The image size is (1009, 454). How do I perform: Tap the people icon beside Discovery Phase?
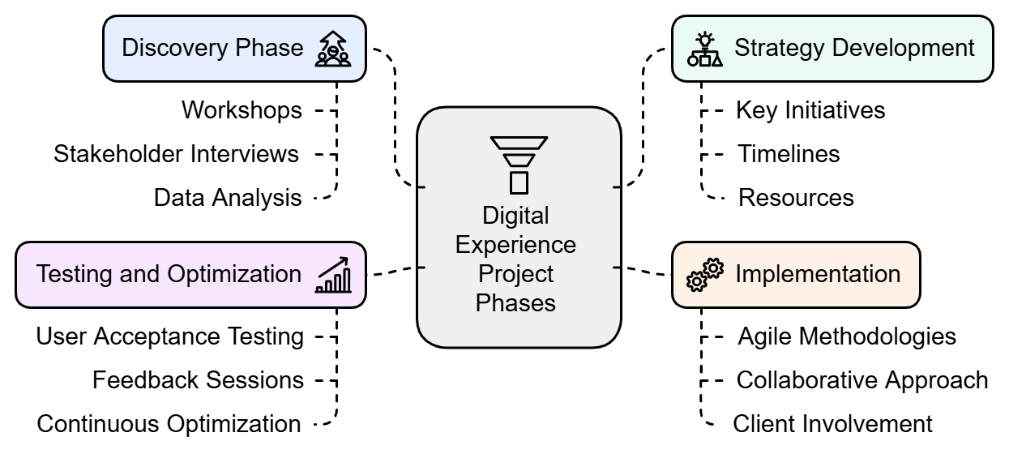[333, 49]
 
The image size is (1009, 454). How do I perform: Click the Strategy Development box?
[832, 48]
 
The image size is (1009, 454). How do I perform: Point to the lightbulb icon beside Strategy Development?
[705, 49]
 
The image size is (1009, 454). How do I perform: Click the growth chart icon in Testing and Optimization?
[333, 276]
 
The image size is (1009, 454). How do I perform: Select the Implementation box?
[796, 274]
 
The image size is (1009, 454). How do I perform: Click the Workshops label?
[242, 109]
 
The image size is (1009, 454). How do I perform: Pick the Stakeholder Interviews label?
[176, 153]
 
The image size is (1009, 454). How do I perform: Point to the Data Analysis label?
[228, 197]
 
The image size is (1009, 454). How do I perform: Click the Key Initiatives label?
[810, 109]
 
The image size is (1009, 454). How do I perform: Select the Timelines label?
[789, 153]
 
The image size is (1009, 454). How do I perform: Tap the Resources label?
[796, 197]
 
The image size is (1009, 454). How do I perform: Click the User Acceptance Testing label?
[169, 336]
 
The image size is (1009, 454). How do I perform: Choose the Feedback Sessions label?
[198, 379]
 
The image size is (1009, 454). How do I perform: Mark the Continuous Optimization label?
[169, 423]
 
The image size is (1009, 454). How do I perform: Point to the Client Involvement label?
[832, 423]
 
